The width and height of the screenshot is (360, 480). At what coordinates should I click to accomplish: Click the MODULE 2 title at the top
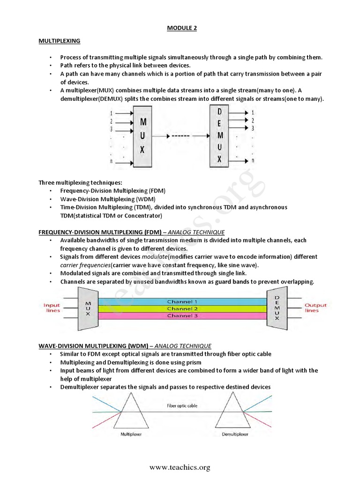[182, 28]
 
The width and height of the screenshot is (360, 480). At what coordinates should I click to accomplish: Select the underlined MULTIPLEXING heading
[59, 41]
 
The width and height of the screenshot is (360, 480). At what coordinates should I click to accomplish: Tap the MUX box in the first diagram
[142, 136]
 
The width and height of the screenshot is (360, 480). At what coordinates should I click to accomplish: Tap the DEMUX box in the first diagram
[220, 135]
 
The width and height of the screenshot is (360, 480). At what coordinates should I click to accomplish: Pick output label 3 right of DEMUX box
[253, 128]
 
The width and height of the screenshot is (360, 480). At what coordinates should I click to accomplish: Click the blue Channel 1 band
[182, 301]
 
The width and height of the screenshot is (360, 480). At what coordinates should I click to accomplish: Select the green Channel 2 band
[182, 309]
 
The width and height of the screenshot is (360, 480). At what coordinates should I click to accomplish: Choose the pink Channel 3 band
[182, 316]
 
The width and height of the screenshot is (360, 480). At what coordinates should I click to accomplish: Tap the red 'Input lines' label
[52, 308]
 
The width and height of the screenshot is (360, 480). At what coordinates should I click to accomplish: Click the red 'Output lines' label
[315, 307]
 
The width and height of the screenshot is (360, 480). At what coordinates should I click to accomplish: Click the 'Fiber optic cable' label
[182, 405]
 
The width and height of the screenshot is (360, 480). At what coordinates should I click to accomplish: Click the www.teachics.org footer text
[180, 467]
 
